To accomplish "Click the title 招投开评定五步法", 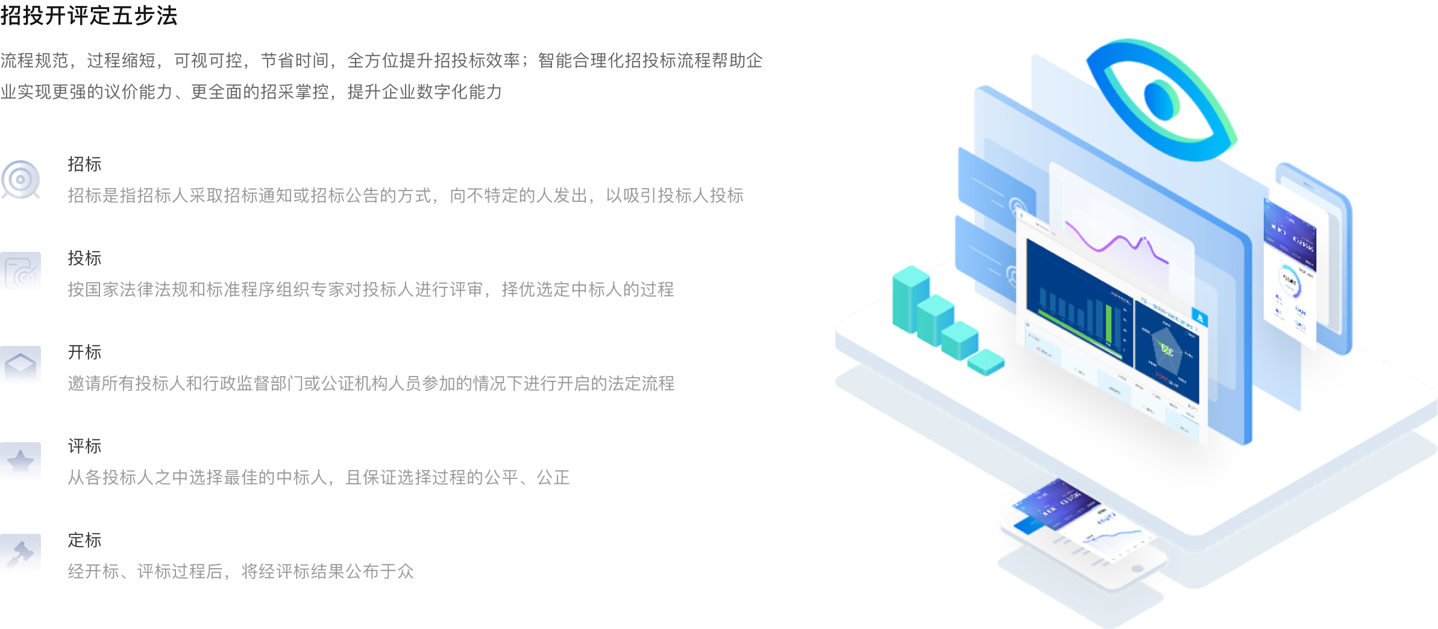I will pos(89,15).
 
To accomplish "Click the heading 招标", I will pos(84,164).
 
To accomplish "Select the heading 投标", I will pos(84,258).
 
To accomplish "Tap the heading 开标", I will pos(84,352).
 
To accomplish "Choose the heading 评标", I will pos(84,446).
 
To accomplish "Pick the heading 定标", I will pos(84,540).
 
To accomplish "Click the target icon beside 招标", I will pos(20,180).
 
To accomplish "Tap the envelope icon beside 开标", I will pos(20,365).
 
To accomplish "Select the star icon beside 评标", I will pos(20,462).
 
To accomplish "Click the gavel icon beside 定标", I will pos(20,553).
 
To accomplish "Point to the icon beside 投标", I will pos(20,272).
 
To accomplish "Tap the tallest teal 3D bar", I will pos(910,298).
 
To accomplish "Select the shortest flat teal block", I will pos(986,361).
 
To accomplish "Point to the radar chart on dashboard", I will pos(1166,352).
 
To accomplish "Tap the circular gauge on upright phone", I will pos(1289,281).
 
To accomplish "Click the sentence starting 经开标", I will pos(241,571).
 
